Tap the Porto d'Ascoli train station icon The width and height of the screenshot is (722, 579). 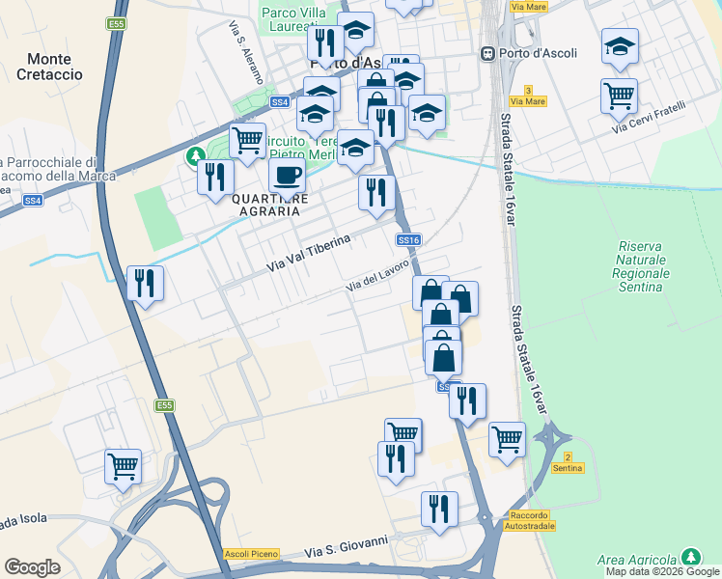coord(488,53)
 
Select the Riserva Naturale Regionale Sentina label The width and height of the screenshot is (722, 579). coord(640,266)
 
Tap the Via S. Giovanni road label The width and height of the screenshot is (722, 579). coord(346,546)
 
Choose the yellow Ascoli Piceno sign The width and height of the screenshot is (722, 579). coord(251,553)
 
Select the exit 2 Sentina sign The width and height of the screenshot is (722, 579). coord(568,462)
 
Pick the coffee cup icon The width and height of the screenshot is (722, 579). coord(287,176)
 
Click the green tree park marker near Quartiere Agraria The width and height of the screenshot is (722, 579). coord(196,154)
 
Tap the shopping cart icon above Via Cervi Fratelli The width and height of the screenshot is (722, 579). coord(619,95)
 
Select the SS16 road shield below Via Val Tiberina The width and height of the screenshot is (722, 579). coord(408,240)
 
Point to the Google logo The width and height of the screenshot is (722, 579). coord(32,567)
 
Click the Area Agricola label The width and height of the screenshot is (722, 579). coord(638,560)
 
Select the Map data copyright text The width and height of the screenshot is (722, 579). coord(663,571)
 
